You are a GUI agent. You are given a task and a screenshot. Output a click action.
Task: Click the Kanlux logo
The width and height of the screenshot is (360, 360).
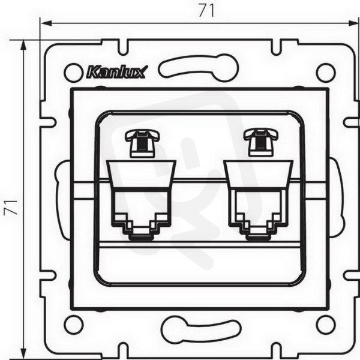point(116,71)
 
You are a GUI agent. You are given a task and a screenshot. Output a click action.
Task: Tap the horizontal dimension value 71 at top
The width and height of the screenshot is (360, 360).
point(206,10)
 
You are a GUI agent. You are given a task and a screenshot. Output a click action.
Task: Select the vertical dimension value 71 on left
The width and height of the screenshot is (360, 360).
point(11,207)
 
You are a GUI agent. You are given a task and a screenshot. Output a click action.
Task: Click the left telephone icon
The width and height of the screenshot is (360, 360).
point(142,143)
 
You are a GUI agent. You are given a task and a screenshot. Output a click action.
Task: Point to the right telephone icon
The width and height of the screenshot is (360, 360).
point(261,143)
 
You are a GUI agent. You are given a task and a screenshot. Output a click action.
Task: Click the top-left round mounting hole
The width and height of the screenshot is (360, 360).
point(73,73)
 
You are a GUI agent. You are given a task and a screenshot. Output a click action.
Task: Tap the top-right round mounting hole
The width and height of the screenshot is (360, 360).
point(326,73)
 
